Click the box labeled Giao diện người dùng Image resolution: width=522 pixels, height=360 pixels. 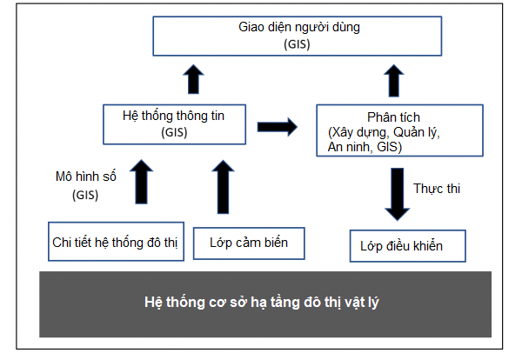pos(298,36)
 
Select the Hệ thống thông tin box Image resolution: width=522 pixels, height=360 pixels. pos(175,124)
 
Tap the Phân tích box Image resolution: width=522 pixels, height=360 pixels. pos(399,130)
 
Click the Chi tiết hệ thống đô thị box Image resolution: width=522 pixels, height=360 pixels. pos(117,242)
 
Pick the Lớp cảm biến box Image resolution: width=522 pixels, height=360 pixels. pos(249,243)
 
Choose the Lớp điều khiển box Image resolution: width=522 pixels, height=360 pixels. pos(407,246)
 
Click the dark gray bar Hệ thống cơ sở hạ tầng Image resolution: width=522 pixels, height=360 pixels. pos(265,304)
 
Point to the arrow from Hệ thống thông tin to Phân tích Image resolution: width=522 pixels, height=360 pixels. pos(278,127)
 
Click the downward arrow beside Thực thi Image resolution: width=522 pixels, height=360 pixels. pos(398,194)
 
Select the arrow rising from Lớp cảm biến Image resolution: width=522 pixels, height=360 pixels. pos(223,187)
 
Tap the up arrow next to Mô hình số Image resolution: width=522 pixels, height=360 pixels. pos(142,182)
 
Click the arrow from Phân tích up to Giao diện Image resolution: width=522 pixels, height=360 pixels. pos(394,81)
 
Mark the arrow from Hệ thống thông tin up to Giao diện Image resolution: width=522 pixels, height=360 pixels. pos(193,79)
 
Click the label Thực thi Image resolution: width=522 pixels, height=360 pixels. pos(437,189)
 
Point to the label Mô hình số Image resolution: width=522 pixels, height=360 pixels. pos(86,177)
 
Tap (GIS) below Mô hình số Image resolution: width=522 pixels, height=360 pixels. pos(85,195)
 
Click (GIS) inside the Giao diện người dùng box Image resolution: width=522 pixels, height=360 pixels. pos(297,44)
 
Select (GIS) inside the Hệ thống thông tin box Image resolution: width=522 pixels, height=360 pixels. pos(174,132)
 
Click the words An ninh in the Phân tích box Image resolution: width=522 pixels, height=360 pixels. pos(350,147)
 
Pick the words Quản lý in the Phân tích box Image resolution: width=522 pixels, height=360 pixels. pos(417,132)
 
